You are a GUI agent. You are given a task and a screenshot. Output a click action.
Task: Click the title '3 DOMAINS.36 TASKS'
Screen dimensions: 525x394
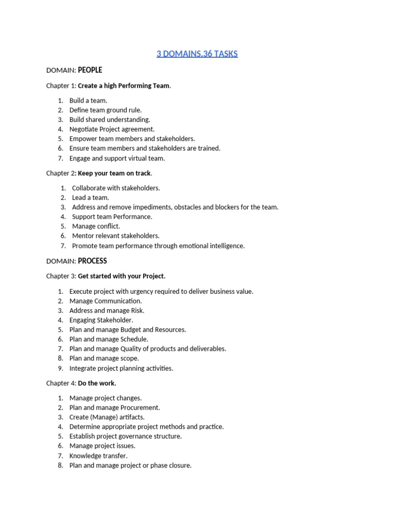coord(197,54)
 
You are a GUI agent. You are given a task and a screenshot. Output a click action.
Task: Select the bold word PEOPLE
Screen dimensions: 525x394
coord(90,70)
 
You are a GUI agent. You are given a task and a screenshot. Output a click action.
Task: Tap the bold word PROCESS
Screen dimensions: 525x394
coord(92,261)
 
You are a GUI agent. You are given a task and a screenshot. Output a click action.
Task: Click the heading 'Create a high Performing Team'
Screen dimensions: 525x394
coord(123,86)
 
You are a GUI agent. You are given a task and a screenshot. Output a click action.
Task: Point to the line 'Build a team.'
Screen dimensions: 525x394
coord(88,100)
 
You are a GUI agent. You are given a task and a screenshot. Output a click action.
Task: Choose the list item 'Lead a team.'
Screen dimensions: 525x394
coord(90,197)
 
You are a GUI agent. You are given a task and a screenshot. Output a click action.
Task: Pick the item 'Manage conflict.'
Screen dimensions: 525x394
coord(96,226)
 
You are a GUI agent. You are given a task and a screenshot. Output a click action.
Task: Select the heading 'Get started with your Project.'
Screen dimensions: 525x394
coord(122,276)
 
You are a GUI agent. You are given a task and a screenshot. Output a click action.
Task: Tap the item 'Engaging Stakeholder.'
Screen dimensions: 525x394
coord(101,320)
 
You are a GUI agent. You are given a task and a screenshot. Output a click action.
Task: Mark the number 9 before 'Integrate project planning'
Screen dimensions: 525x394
coord(60,368)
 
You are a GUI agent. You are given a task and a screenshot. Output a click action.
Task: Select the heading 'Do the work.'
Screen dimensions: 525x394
coord(97,383)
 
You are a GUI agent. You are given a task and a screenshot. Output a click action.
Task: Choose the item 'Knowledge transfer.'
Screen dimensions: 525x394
coord(98,456)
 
